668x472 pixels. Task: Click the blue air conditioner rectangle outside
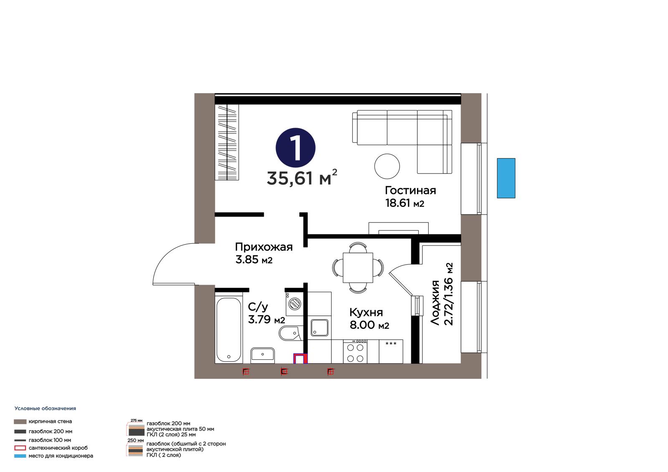pyautogui.click(x=506, y=178)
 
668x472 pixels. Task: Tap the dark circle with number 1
pyautogui.click(x=295, y=148)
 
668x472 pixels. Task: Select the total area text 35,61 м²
pyautogui.click(x=302, y=178)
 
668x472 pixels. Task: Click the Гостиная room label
pyautogui.click(x=410, y=190)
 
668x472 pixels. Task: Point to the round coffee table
pyautogui.click(x=387, y=166)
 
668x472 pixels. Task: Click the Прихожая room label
pyautogui.click(x=263, y=247)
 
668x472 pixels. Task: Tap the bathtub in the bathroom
pyautogui.click(x=229, y=329)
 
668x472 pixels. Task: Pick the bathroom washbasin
pyautogui.click(x=263, y=355)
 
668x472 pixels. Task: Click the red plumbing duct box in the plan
pyautogui.click(x=300, y=359)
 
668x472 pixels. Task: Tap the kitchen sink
pyautogui.click(x=319, y=328)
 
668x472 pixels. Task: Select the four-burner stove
pyautogui.click(x=355, y=351)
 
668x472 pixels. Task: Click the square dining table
pyautogui.click(x=358, y=268)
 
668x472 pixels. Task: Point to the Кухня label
pyautogui.click(x=366, y=312)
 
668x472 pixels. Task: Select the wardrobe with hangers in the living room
pyautogui.click(x=227, y=142)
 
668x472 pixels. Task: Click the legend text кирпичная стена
pyautogui.click(x=50, y=422)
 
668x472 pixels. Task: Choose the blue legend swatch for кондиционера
pyautogui.click(x=20, y=456)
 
